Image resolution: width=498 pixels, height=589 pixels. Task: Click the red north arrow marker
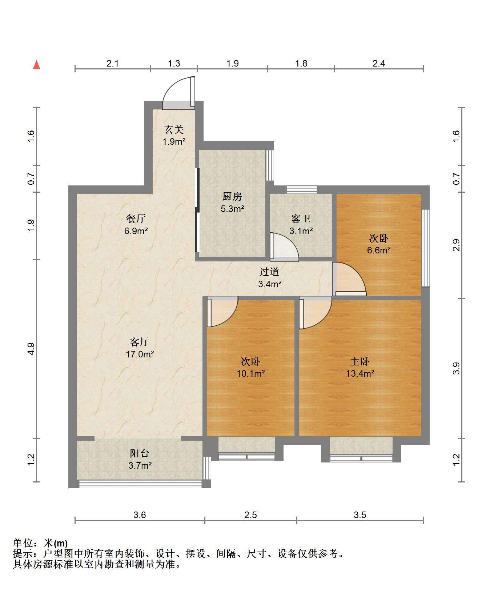tap(36, 65)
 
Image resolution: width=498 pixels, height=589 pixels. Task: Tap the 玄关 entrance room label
tap(174, 129)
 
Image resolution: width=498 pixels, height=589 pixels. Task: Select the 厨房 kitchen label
tap(232, 197)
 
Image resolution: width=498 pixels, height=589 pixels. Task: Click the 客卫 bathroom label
tap(301, 219)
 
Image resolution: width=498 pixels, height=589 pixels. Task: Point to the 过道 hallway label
tap(269, 272)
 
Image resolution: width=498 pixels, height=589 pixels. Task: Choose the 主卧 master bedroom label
tap(360, 361)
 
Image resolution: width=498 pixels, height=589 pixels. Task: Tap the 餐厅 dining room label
tap(136, 219)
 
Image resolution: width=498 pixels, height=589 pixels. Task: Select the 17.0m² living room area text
tap(140, 354)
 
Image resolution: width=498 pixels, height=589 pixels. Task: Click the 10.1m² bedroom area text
tap(251, 373)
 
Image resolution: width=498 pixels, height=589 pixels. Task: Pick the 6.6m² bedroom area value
tap(379, 250)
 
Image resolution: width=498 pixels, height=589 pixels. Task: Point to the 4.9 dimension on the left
tap(31, 349)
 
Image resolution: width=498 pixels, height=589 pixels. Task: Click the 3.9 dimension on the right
tap(457, 368)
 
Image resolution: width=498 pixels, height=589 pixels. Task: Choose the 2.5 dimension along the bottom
tap(251, 515)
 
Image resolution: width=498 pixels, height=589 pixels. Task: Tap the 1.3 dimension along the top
tap(174, 63)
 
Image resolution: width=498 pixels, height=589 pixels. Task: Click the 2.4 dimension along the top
tap(379, 63)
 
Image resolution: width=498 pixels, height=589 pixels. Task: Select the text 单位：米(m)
tap(40, 543)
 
